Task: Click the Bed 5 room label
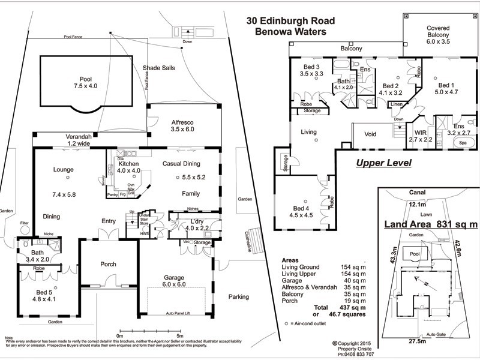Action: [x=44, y=295]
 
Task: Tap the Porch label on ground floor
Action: [x=109, y=264]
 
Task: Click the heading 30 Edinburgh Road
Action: [x=293, y=20]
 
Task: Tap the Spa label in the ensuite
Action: [x=463, y=143]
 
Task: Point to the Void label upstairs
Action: [x=370, y=134]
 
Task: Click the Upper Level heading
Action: [x=383, y=163]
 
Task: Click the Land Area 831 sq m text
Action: [x=431, y=224]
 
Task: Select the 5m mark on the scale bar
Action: [x=180, y=336]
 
